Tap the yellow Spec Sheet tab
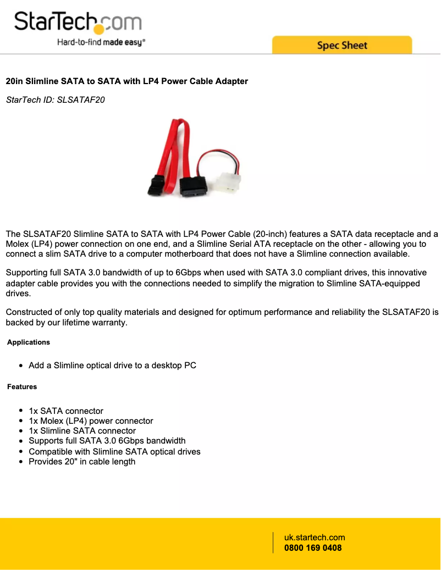[x=341, y=45]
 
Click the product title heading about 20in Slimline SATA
[x=127, y=81]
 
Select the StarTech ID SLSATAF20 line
[x=55, y=100]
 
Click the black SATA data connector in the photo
[x=156, y=186]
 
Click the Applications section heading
[x=29, y=342]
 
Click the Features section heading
[x=22, y=387]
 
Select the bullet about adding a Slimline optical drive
[x=112, y=366]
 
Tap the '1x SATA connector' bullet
[x=66, y=411]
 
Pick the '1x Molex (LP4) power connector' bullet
[x=91, y=421]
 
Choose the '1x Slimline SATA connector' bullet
[x=82, y=431]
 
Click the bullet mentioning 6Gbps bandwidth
[x=107, y=441]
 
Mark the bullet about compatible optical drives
[x=114, y=452]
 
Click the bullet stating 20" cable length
[x=82, y=462]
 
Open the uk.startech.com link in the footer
[x=315, y=538]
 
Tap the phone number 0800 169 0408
[x=313, y=548]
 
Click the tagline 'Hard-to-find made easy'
[x=101, y=42]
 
